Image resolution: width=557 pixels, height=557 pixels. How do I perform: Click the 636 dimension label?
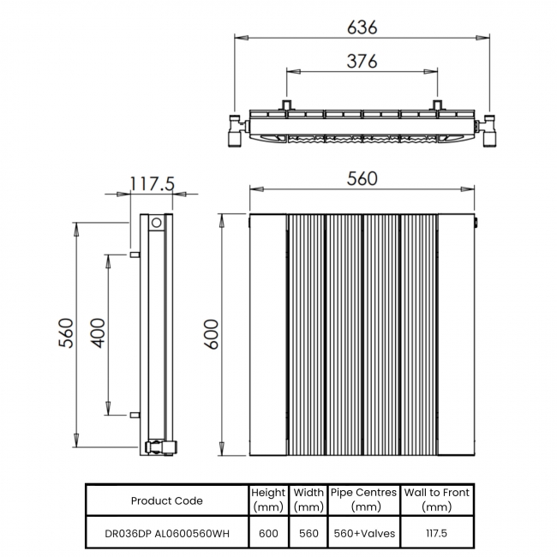point(362,27)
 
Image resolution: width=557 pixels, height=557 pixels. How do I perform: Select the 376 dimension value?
point(362,61)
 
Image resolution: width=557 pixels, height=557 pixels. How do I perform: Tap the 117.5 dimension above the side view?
point(153,184)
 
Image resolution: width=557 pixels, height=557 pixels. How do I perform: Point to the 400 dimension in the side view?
point(98,332)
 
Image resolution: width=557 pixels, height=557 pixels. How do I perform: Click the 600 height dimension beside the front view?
point(213,334)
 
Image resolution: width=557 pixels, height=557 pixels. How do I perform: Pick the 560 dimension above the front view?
point(362,179)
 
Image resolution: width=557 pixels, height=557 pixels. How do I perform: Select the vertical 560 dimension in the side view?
point(67,332)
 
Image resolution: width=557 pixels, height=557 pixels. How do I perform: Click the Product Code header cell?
point(167,501)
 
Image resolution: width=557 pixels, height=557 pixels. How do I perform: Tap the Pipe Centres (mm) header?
point(363,500)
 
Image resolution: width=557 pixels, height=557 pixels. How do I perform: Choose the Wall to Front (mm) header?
point(436,500)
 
